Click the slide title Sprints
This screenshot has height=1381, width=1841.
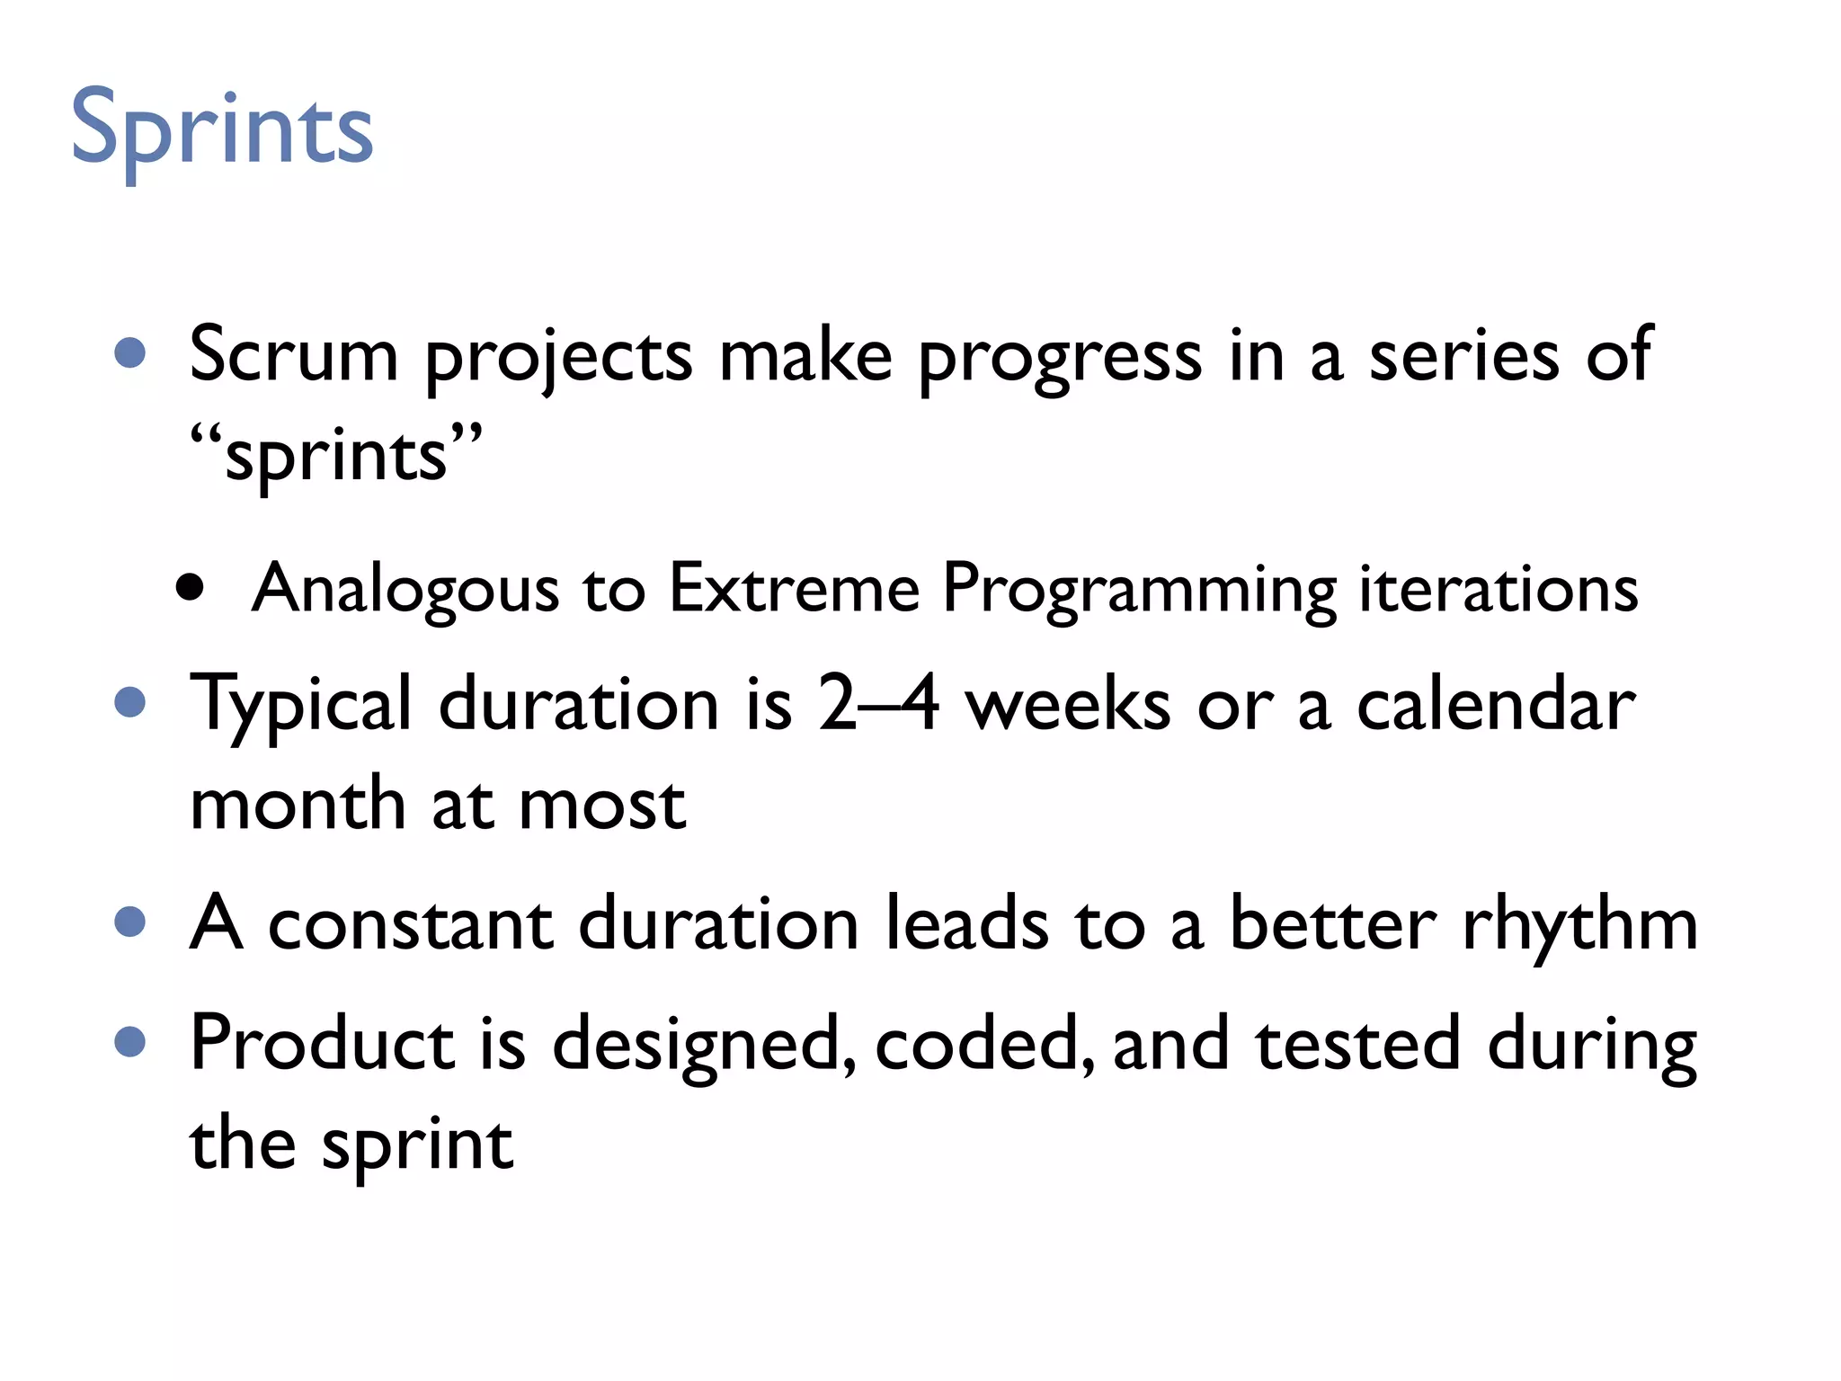tap(221, 130)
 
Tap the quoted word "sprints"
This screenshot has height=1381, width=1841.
tap(336, 455)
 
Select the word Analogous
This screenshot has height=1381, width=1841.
tap(405, 590)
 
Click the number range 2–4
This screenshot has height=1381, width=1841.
tap(878, 703)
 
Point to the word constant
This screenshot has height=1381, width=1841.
tap(411, 923)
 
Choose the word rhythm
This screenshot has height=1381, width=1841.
tap(1579, 923)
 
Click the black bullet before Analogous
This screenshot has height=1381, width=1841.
tap(190, 589)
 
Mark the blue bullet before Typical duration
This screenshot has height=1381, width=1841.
tap(131, 703)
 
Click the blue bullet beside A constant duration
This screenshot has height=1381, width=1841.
tap(131, 922)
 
